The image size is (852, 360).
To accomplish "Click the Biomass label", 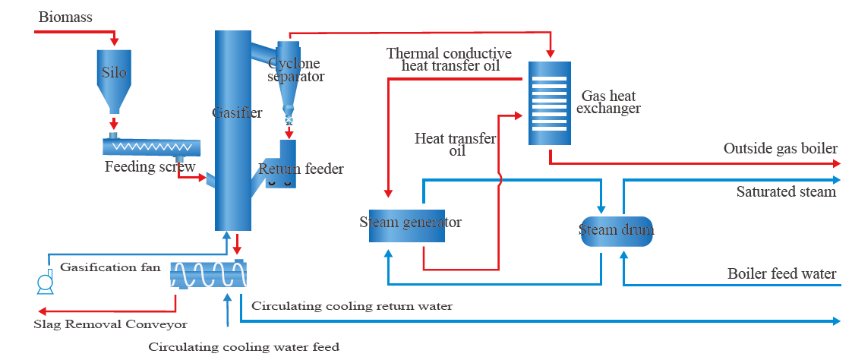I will point(65,17).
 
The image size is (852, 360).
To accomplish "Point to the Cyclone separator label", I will point(295,70).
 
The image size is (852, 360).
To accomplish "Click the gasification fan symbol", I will point(45,283).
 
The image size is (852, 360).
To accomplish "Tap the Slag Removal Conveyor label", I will point(110,325).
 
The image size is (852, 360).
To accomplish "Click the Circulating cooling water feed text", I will point(243,347).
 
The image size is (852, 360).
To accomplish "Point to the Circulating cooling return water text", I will point(352,306).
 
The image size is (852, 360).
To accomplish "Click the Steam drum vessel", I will point(616,229).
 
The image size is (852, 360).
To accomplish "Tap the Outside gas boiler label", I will point(781,148).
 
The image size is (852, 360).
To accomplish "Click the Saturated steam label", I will point(786,192).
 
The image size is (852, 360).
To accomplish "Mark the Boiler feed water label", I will point(782,274).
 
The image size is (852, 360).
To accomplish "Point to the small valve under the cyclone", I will point(289,120).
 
